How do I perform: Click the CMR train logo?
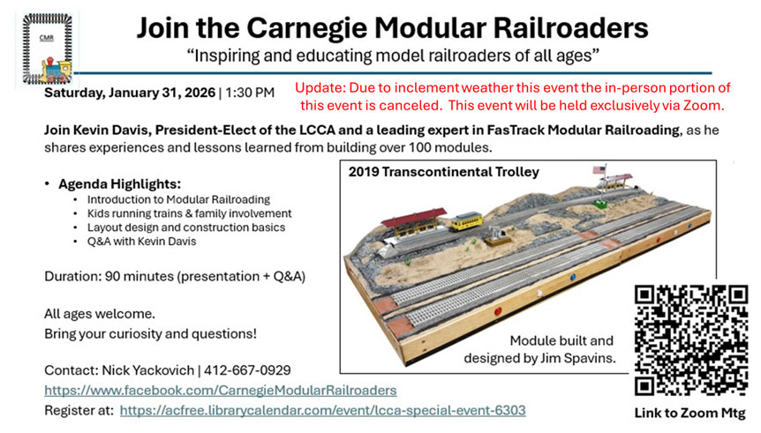point(47,49)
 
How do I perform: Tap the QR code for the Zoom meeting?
point(691,341)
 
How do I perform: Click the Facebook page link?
point(221,391)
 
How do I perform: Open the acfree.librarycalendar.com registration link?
point(323,411)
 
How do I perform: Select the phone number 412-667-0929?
point(247,370)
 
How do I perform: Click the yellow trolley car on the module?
point(466,221)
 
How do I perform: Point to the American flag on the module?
point(599,169)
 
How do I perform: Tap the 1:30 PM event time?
point(250,93)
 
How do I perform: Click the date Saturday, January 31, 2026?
point(130,93)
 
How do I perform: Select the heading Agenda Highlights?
point(119,184)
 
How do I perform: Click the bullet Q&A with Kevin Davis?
point(142,242)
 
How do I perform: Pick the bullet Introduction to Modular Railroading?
point(178,199)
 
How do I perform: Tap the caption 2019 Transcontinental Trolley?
point(443,172)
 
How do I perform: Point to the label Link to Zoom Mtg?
point(689,413)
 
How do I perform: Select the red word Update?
point(320,88)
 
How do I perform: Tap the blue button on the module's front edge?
point(573,278)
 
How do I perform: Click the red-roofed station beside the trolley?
point(413,223)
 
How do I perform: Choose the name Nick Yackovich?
point(148,370)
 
